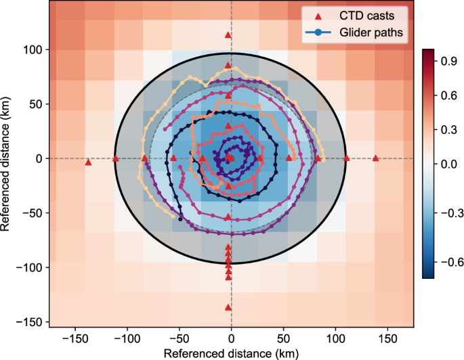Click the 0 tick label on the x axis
231,336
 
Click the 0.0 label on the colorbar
446,163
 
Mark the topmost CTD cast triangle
228,35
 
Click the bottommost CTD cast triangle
228,307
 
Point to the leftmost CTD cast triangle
88,162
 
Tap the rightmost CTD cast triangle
376,158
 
